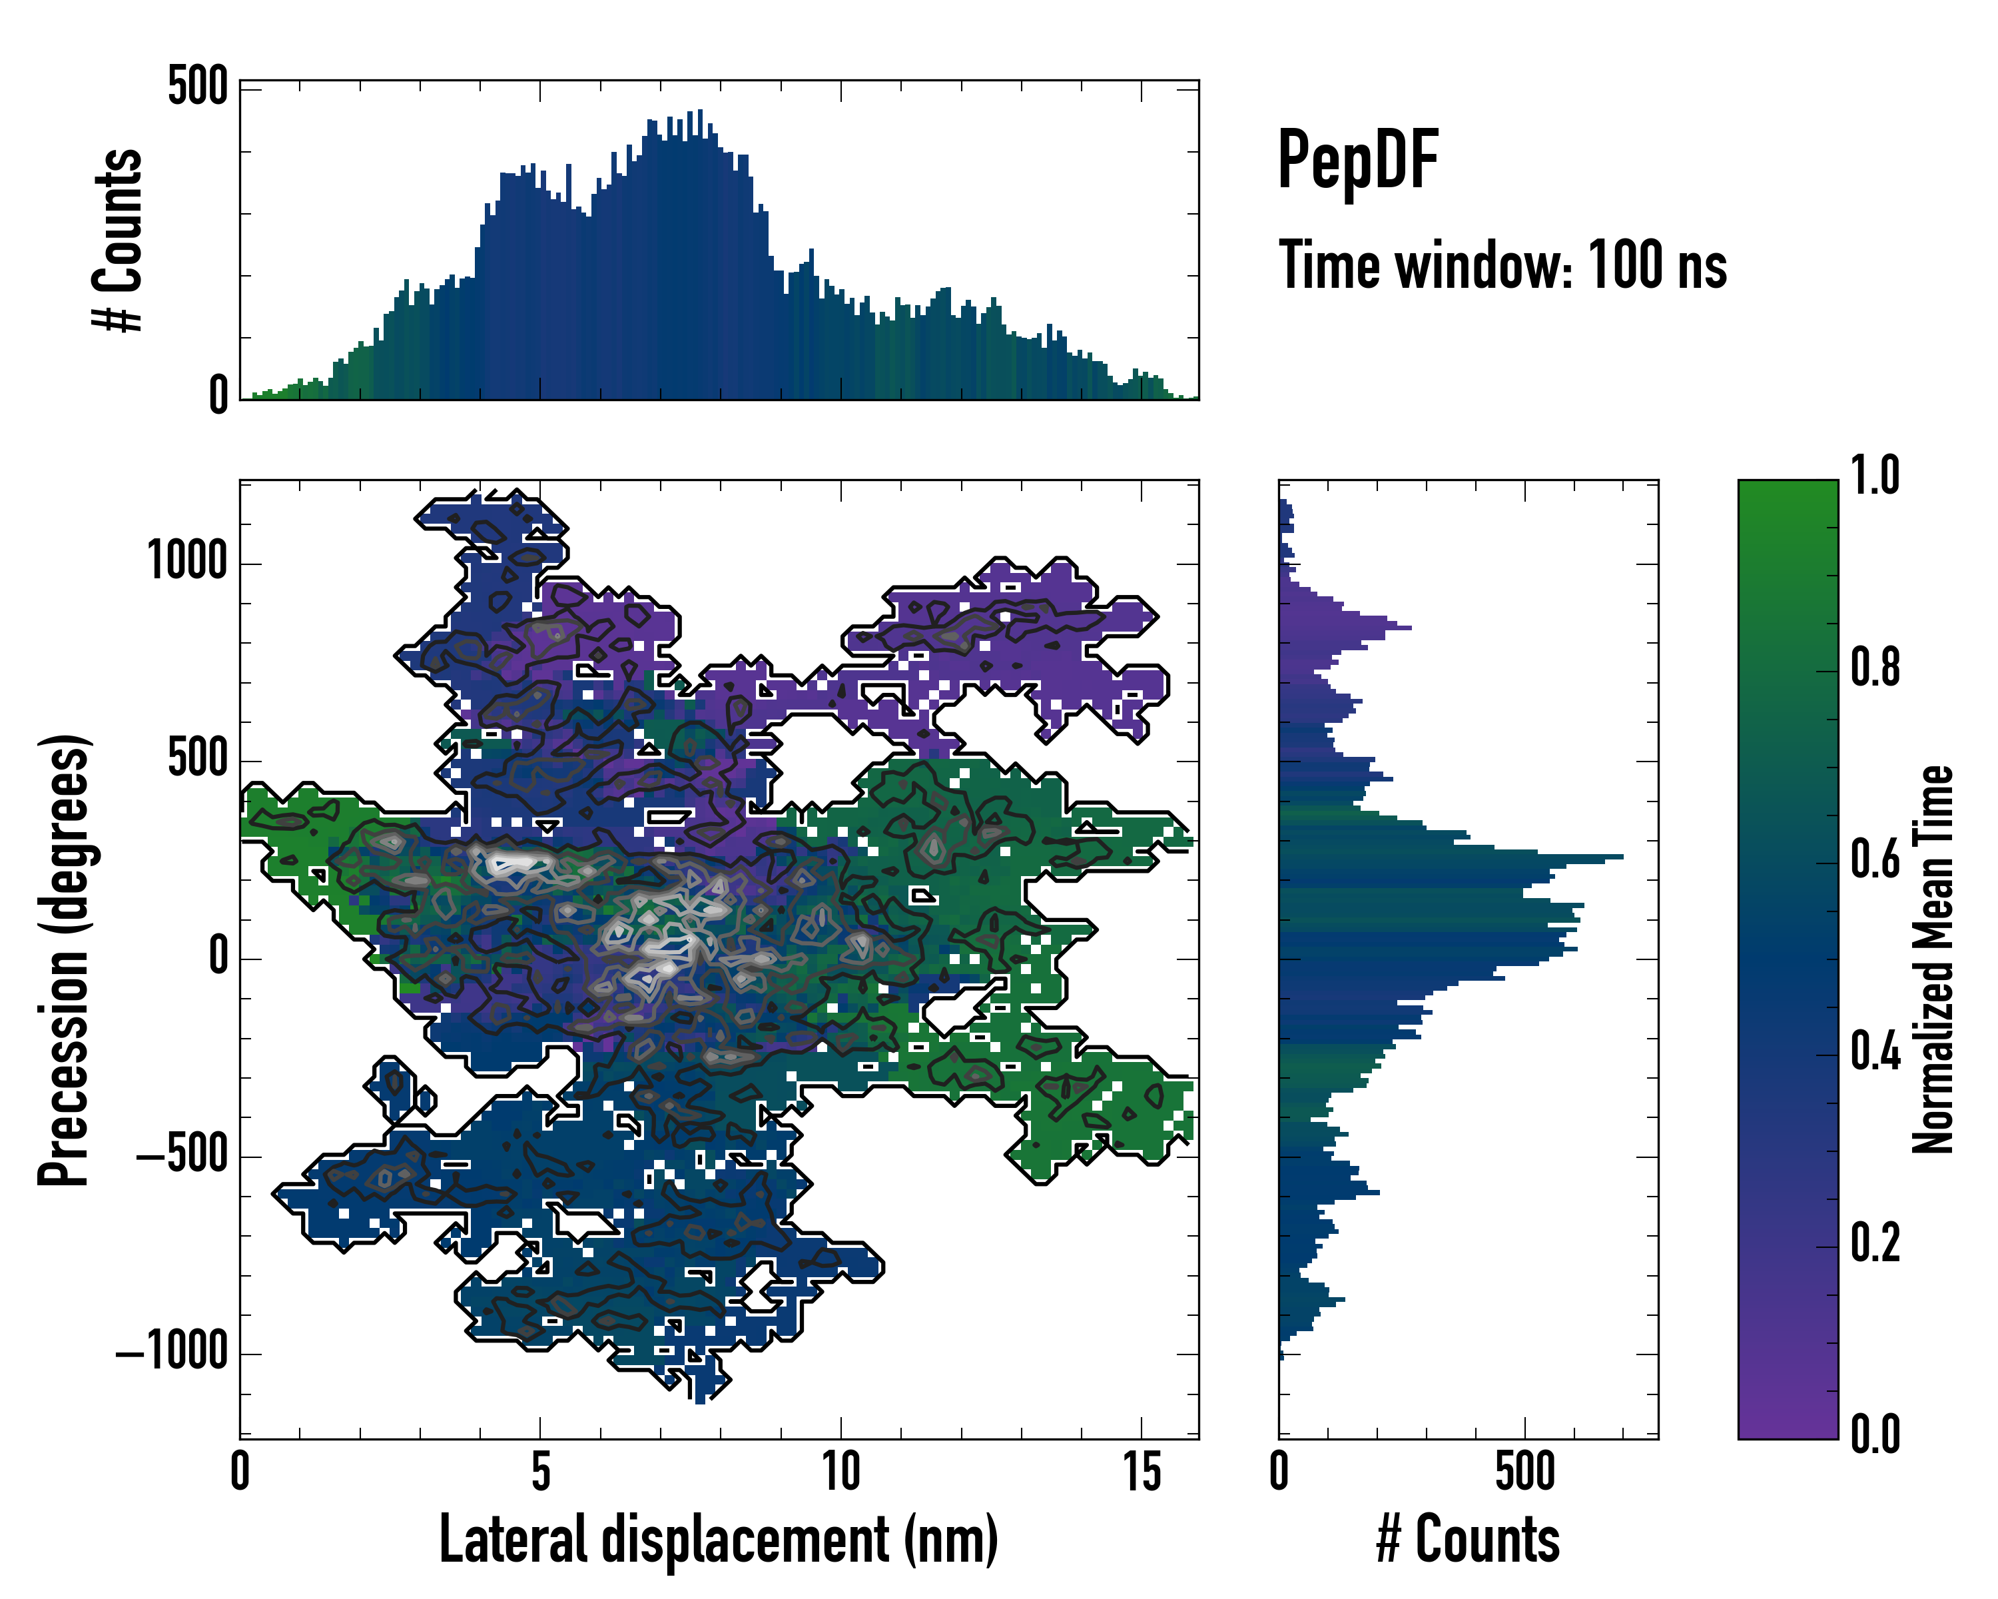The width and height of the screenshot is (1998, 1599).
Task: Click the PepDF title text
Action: pyautogui.click(x=1357, y=161)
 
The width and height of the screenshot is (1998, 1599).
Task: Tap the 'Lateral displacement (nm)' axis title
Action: pyautogui.click(x=718, y=1539)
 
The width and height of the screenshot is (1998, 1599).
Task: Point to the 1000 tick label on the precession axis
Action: pyautogui.click(x=187, y=561)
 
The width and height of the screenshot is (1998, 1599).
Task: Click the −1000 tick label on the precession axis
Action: pyautogui.click(x=172, y=1352)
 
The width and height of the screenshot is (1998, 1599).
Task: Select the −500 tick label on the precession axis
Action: pyautogui.click(x=182, y=1155)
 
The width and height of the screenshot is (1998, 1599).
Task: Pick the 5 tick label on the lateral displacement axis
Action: pyautogui.click(x=540, y=1472)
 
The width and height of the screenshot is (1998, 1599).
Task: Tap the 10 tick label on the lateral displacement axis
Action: pyautogui.click(x=840, y=1472)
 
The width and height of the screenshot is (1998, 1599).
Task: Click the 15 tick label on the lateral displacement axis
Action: pyautogui.click(x=1142, y=1472)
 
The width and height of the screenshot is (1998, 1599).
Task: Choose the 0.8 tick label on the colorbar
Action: pyautogui.click(x=1875, y=668)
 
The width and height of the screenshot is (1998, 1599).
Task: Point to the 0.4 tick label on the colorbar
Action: pyautogui.click(x=1875, y=1052)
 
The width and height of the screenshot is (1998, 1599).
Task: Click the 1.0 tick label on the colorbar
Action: pyautogui.click(x=1875, y=476)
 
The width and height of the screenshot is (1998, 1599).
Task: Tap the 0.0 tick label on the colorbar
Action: pyautogui.click(x=1875, y=1435)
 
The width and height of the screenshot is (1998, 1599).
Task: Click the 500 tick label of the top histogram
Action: pyautogui.click(x=197, y=88)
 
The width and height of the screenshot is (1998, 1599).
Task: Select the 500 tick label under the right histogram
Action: pyautogui.click(x=1524, y=1472)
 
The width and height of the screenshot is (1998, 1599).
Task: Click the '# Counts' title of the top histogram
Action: pyautogui.click(x=118, y=241)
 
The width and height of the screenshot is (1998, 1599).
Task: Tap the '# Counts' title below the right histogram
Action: pyautogui.click(x=1468, y=1539)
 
